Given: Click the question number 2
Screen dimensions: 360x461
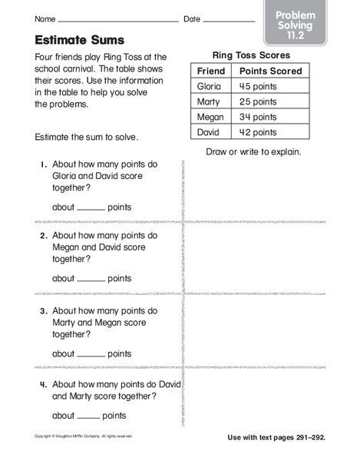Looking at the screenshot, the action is [45, 237].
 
